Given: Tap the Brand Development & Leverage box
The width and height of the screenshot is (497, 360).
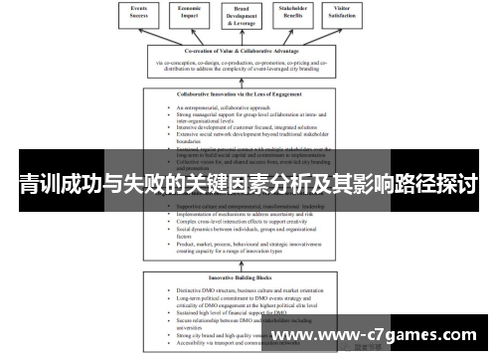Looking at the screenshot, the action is (x=248, y=18).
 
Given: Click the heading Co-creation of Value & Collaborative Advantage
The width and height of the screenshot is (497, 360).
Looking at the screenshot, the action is (x=248, y=51).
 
